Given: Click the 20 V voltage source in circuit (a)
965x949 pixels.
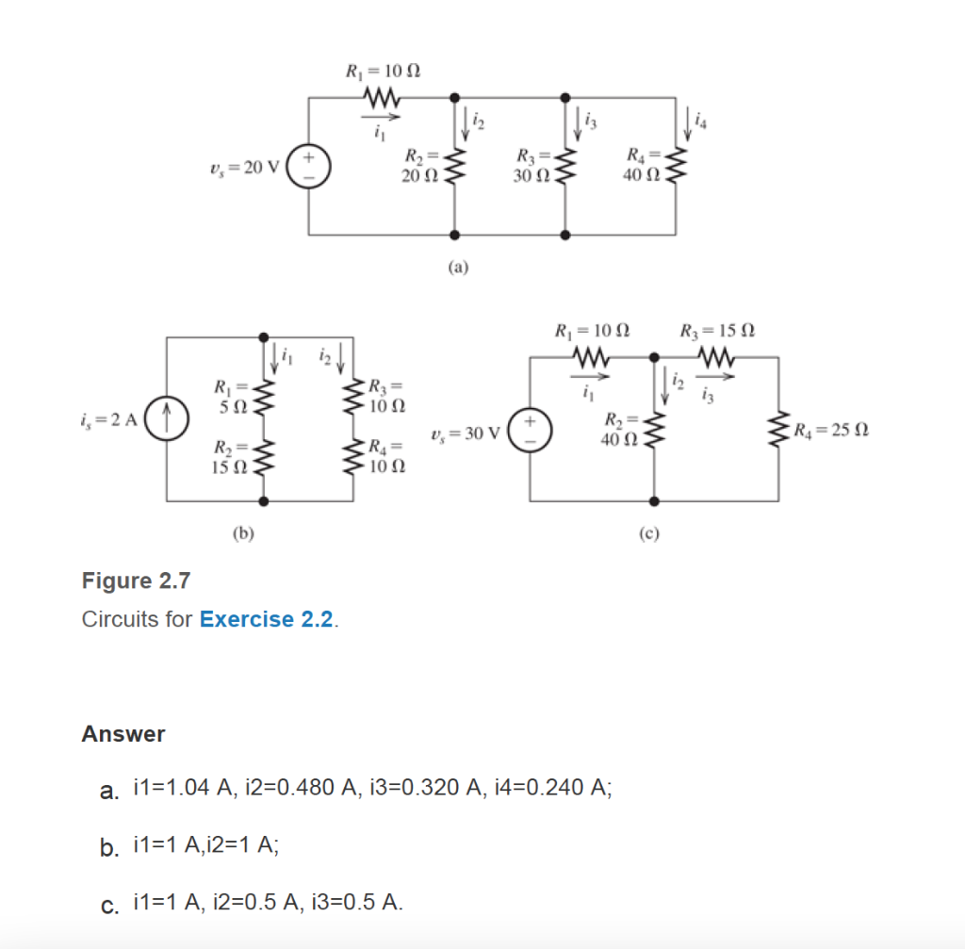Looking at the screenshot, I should click(x=309, y=166).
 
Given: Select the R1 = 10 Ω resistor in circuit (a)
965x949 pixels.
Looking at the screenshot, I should click(x=382, y=97).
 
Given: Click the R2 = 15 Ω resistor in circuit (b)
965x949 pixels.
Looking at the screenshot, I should click(x=263, y=456).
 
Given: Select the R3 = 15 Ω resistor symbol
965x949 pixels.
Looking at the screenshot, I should click(x=716, y=358).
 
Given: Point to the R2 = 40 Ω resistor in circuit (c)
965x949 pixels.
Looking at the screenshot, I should click(x=654, y=429).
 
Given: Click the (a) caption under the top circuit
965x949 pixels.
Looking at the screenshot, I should click(x=457, y=267).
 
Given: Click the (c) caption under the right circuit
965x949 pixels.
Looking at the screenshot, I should click(x=648, y=532).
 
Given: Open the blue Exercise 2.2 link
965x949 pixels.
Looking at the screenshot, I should click(x=267, y=619).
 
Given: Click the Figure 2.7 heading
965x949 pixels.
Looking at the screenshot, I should click(x=136, y=581).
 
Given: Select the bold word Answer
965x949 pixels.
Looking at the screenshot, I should click(x=123, y=733).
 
